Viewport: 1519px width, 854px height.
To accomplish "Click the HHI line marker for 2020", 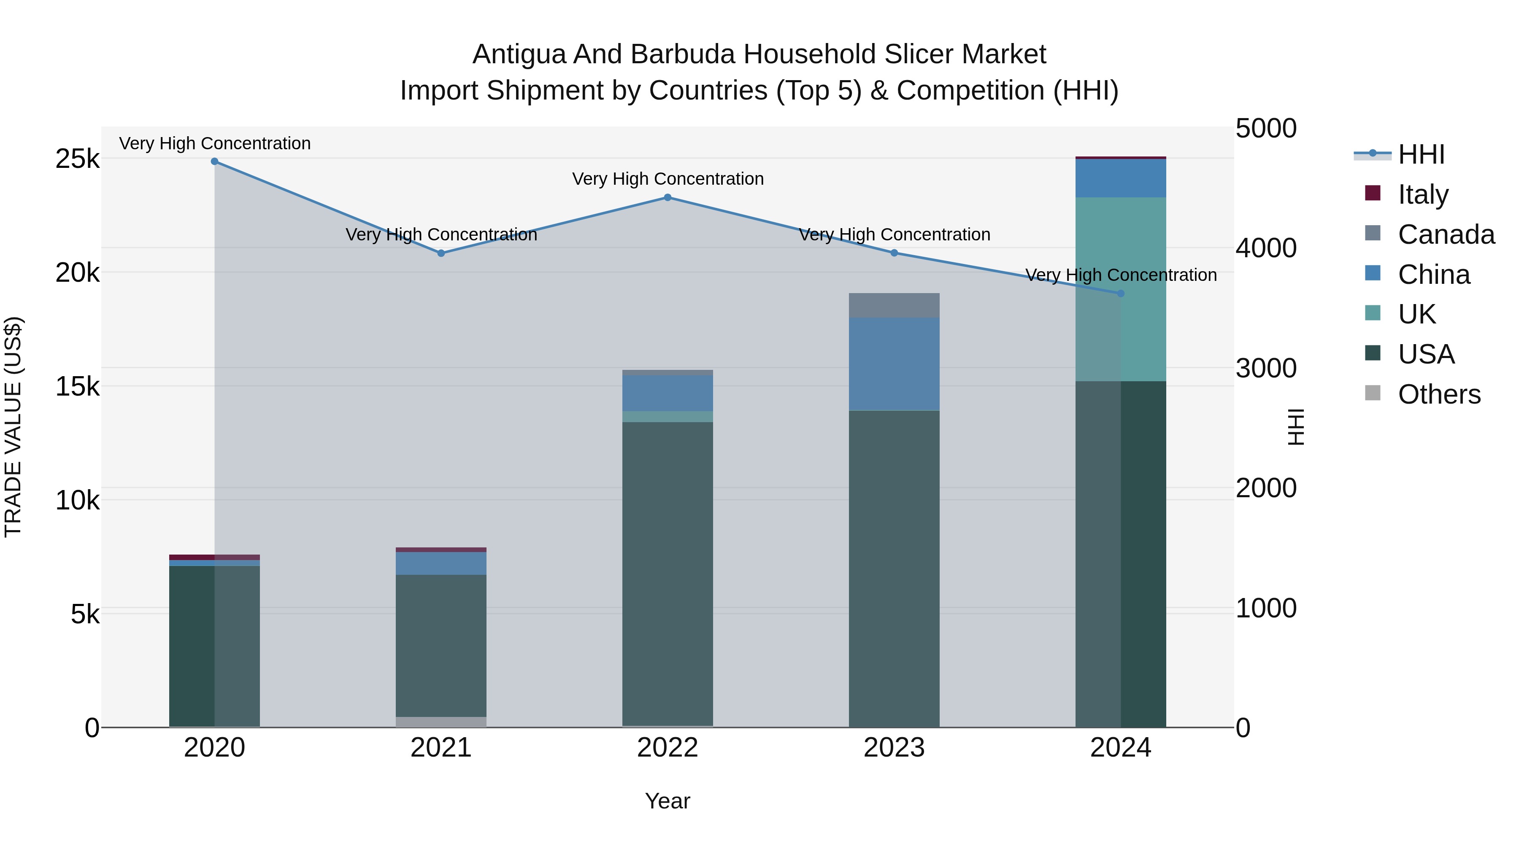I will pyautogui.click(x=215, y=162).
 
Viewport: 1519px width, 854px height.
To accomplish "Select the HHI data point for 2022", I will pyautogui.click(x=668, y=197).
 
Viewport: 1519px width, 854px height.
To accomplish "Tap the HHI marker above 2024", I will pyautogui.click(x=1121, y=294).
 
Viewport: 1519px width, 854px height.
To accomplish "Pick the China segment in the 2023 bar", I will pyautogui.click(x=894, y=364).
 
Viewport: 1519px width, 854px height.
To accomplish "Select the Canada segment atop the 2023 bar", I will pyautogui.click(x=894, y=305).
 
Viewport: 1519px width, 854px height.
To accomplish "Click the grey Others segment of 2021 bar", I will pyautogui.click(x=441, y=722).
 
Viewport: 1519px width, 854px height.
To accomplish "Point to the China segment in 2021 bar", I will pyautogui.click(x=441, y=563).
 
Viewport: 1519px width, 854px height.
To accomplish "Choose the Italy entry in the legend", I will pyautogui.click(x=1422, y=194).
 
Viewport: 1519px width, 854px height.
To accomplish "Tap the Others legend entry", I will pyautogui.click(x=1439, y=394).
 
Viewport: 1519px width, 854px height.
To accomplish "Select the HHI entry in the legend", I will pyautogui.click(x=1421, y=154).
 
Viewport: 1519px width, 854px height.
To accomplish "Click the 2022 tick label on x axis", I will pyautogui.click(x=668, y=748).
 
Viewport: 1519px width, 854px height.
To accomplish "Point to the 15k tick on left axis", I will pyautogui.click(x=77, y=387).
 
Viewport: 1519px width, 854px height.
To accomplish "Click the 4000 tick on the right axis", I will pyautogui.click(x=1266, y=248).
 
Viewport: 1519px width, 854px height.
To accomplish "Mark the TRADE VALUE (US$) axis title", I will pyautogui.click(x=13, y=427).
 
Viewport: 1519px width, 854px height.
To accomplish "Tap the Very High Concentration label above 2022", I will pyautogui.click(x=668, y=178).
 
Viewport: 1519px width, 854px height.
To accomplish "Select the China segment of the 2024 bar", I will pyautogui.click(x=1121, y=178).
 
